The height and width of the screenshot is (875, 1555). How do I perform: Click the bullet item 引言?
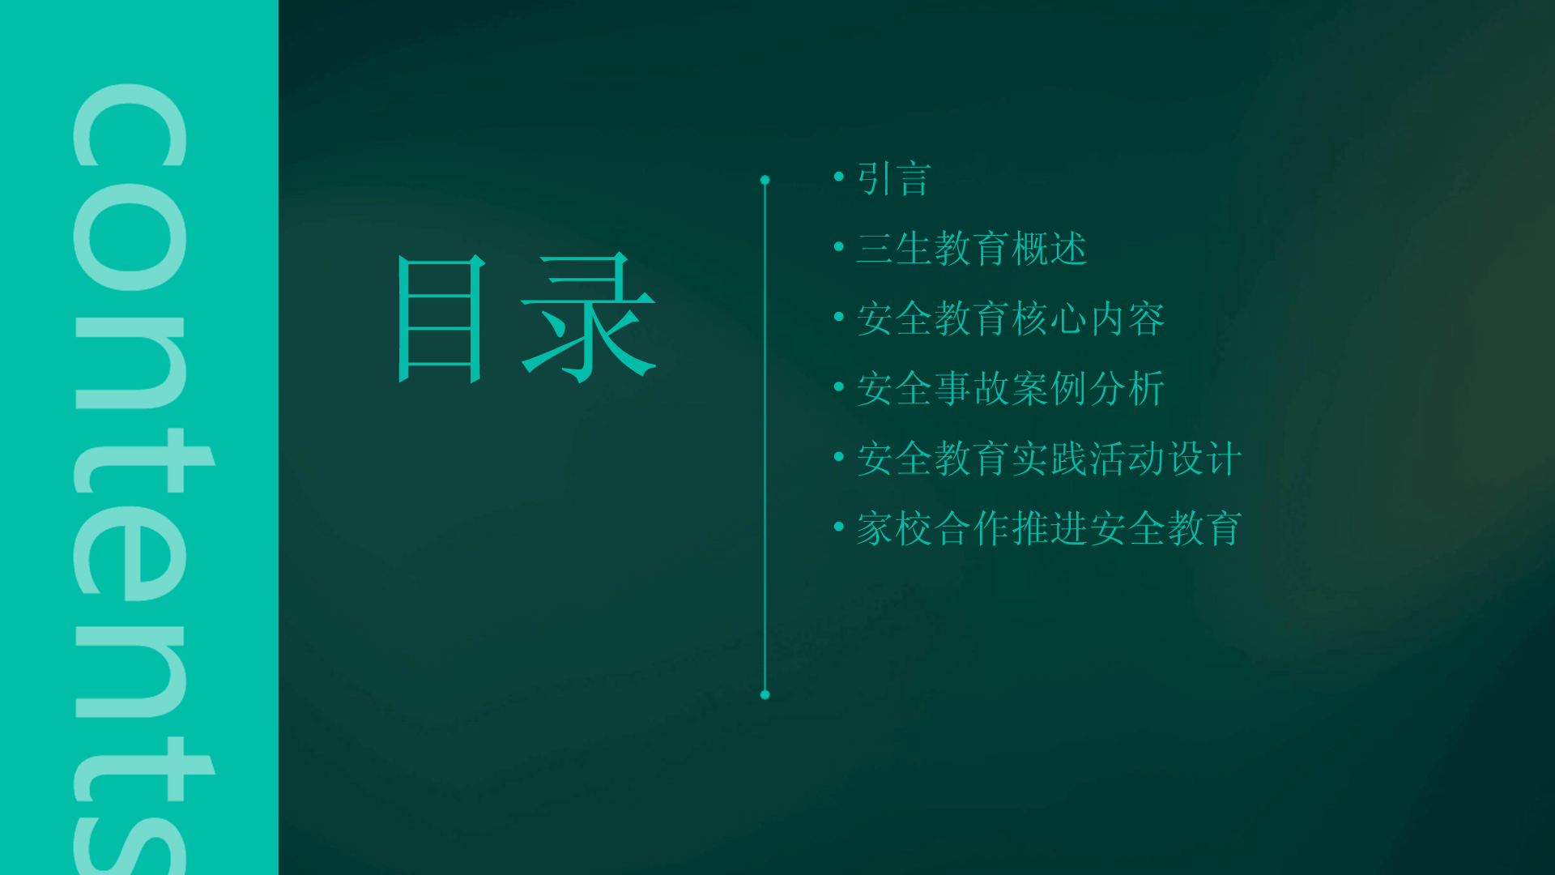(x=894, y=178)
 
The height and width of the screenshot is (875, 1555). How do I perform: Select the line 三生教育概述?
(x=972, y=248)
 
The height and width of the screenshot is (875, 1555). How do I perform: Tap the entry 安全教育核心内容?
(x=1011, y=318)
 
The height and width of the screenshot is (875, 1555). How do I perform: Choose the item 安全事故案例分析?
(x=1011, y=388)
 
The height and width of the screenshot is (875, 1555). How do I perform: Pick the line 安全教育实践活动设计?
(x=1050, y=459)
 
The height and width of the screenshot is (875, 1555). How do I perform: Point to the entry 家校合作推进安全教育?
(x=1050, y=528)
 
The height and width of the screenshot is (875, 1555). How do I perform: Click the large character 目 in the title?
(x=441, y=318)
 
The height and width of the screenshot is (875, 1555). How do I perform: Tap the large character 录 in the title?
(x=589, y=317)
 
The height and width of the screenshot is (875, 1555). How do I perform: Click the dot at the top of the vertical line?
(x=765, y=180)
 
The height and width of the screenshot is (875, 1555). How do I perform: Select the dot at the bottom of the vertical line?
(x=765, y=694)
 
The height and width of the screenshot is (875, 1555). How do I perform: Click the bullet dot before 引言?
(x=839, y=176)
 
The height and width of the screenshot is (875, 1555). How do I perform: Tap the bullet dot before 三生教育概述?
(x=839, y=245)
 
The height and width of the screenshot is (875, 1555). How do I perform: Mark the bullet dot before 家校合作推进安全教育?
(x=839, y=526)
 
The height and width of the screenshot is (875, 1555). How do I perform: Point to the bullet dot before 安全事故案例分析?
(x=839, y=386)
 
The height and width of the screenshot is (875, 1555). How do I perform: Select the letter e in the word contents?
(x=130, y=553)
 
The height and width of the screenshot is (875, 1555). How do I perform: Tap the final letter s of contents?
(x=130, y=843)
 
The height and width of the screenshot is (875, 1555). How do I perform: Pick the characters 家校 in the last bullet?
(x=894, y=528)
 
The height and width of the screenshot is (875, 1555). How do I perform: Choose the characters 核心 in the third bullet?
(x=1050, y=318)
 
